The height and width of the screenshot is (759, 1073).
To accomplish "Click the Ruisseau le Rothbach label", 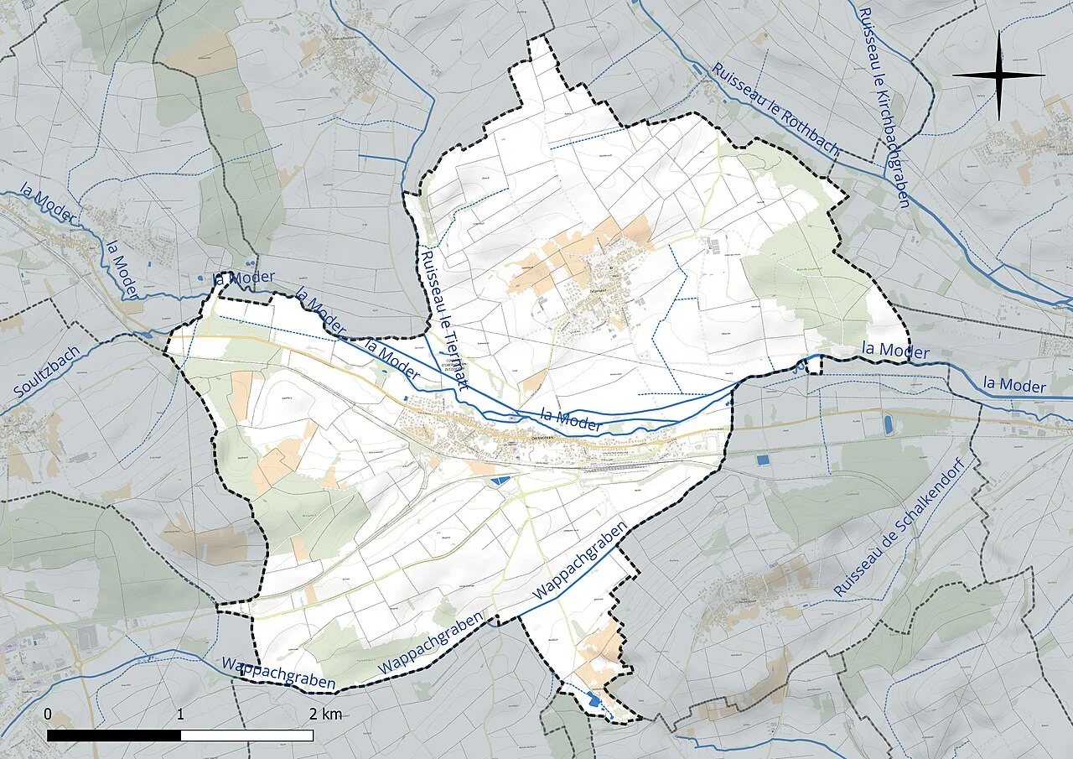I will [775, 110].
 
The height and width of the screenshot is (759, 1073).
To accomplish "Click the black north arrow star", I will [998, 75].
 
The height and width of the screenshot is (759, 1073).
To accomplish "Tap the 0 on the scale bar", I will [48, 715].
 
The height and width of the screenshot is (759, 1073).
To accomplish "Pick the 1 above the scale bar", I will [181, 715].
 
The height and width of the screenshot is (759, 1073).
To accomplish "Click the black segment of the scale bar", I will [114, 736].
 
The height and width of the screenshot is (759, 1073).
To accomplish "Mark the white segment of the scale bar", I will [247, 736].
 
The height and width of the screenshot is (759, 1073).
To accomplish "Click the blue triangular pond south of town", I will [500, 480].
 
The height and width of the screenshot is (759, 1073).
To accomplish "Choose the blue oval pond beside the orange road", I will [888, 424].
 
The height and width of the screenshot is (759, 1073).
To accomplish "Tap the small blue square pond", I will [762, 460].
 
